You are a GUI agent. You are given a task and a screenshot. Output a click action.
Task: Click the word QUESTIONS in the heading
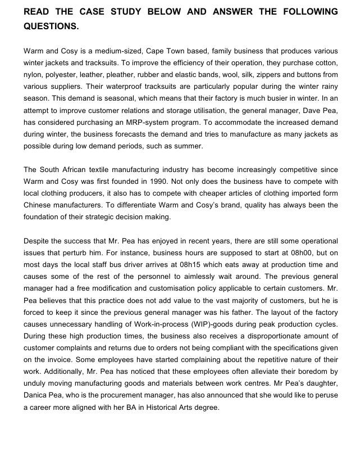click(51, 26)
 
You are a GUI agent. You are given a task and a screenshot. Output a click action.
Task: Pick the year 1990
click(159, 182)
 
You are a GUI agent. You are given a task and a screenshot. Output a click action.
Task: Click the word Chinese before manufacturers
click(38, 205)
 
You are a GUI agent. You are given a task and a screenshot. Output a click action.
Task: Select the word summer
click(186, 146)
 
